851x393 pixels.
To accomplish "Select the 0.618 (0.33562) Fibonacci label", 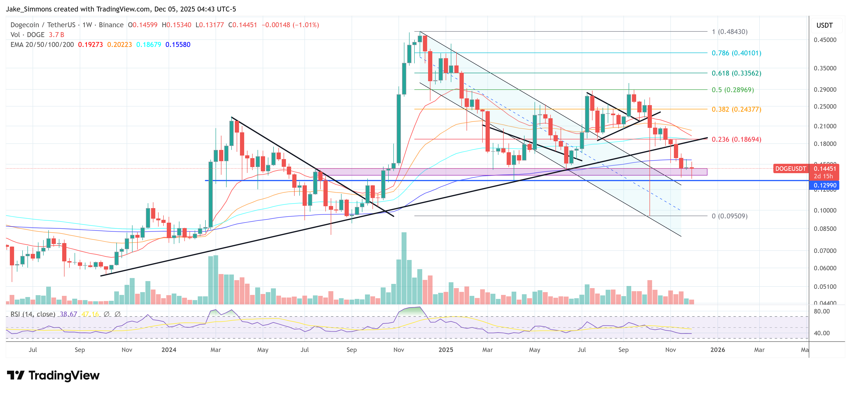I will pos(736,73).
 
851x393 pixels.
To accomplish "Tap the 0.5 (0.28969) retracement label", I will pos(732,90).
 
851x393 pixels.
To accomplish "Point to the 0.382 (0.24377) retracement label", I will pos(736,109).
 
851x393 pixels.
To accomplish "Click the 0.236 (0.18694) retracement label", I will pos(736,139).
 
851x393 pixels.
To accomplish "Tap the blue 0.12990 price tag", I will pos(824,185).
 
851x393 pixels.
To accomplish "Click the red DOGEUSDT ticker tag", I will pos(790,168).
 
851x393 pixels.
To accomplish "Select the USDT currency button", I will pos(824,25).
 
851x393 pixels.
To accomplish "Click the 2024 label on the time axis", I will pos(169,350).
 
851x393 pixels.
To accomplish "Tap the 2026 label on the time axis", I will pos(718,350).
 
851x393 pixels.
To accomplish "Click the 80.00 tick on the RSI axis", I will pos(822,311).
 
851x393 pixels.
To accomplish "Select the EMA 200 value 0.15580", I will pos(178,45).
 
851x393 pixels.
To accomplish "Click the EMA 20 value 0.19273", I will pos(90,45).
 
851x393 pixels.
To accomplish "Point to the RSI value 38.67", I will pos(68,314).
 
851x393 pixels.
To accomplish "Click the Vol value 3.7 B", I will pos(57,35).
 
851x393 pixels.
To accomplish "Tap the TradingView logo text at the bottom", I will pos(64,375).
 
